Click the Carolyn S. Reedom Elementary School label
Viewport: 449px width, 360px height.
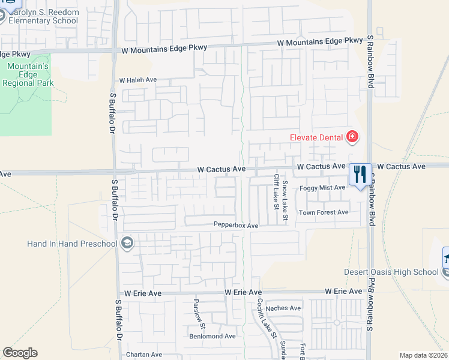tap(42, 16)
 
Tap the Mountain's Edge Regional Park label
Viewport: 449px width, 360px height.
tap(28, 74)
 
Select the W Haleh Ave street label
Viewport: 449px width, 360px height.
tap(137, 80)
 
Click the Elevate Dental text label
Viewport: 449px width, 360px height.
tap(316, 137)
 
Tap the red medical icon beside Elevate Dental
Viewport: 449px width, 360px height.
tap(352, 138)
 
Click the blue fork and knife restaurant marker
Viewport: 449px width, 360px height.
tap(360, 175)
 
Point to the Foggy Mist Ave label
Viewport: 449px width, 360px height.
tap(322, 188)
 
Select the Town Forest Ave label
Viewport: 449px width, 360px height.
tap(324, 212)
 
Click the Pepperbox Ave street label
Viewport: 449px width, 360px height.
tap(236, 226)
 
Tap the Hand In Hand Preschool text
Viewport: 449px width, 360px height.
tap(72, 244)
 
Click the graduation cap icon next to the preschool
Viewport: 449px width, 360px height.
tap(127, 243)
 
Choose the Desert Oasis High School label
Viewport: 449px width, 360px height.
tap(391, 272)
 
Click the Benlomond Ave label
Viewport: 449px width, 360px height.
tap(212, 337)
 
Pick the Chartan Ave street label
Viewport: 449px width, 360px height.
tap(144, 355)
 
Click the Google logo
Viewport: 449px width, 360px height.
tap(20, 353)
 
